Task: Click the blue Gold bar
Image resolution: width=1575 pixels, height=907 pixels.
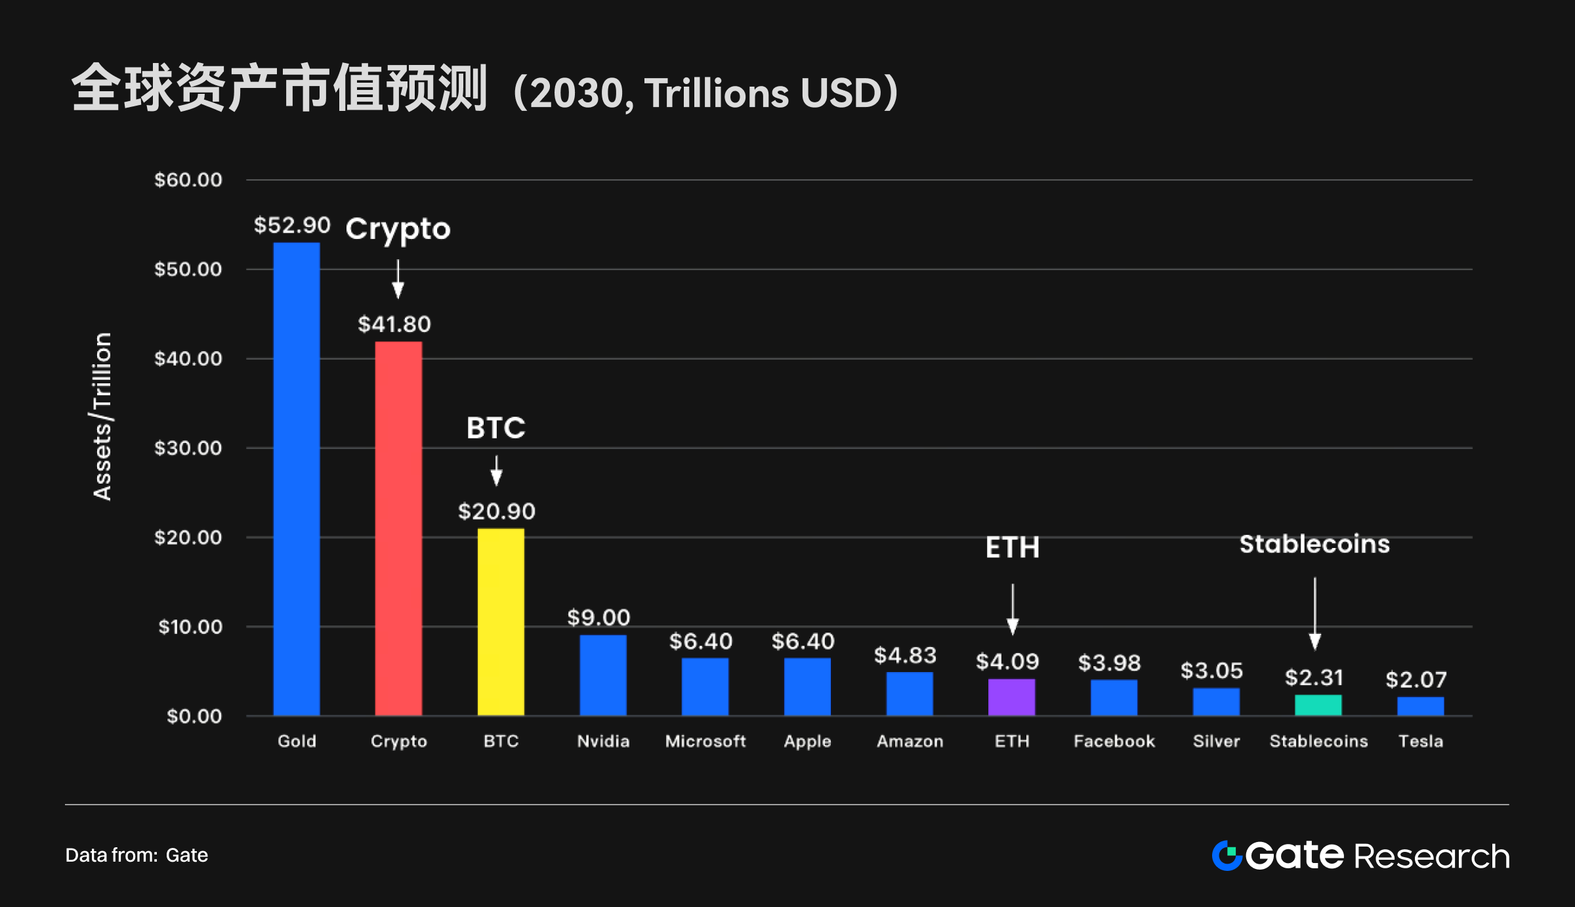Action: click(297, 479)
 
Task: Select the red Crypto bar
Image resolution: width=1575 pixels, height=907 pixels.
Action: click(398, 528)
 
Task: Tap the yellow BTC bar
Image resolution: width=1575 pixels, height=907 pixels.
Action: click(501, 622)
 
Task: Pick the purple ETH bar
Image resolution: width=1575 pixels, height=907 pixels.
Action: click(1011, 697)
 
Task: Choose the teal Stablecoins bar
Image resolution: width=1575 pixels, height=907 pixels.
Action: click(1318, 705)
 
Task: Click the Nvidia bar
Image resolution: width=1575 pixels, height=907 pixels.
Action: click(603, 675)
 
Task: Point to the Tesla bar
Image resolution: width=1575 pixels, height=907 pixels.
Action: click(1420, 706)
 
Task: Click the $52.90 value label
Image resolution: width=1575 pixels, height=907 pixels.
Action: click(292, 225)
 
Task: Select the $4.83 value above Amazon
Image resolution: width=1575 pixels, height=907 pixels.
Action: click(905, 655)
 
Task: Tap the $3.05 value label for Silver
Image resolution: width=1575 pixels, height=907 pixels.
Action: click(1211, 670)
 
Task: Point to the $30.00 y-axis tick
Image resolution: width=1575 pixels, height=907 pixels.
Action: click(188, 448)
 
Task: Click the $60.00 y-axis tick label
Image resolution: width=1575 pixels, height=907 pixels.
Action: click(188, 180)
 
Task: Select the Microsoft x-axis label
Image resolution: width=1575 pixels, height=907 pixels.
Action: click(705, 741)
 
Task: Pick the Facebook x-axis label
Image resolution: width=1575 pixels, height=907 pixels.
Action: click(1114, 741)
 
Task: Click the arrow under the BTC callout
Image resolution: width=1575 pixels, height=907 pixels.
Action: click(496, 471)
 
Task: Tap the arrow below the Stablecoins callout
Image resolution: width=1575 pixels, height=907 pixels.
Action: click(1314, 614)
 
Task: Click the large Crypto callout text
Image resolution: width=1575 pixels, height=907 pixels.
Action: click(398, 229)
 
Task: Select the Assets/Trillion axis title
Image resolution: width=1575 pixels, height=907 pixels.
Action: click(102, 417)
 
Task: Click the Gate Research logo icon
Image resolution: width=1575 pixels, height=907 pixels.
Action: click(1226, 855)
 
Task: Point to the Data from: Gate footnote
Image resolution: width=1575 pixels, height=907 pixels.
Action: click(136, 855)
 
